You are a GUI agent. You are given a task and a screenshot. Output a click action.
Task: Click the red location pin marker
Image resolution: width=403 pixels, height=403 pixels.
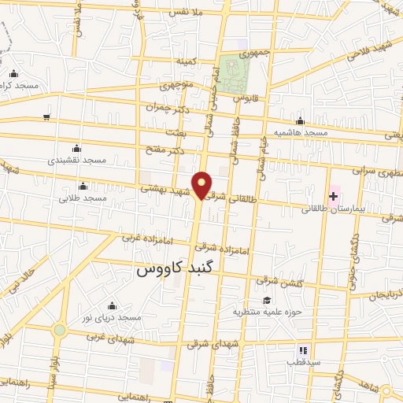point(202,184)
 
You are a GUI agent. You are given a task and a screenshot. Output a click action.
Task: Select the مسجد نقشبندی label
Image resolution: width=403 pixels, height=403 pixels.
point(76,160)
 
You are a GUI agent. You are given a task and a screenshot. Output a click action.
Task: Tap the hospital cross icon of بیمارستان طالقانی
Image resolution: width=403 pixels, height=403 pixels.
point(334,194)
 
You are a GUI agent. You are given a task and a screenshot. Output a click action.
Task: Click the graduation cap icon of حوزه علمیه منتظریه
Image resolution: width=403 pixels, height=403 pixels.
point(267,300)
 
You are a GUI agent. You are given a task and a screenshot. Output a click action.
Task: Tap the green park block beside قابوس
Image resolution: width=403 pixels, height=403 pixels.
point(234,73)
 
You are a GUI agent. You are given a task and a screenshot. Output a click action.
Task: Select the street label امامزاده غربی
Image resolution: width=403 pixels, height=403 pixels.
point(141,235)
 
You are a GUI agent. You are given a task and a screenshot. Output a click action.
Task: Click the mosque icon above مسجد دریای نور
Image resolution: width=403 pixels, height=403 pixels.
point(112,305)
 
